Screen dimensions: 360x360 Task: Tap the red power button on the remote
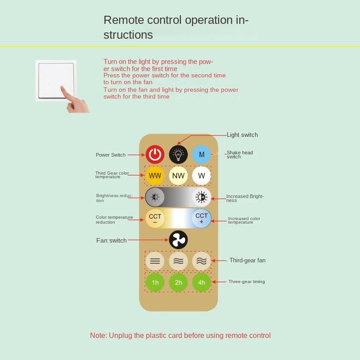(x=155, y=155)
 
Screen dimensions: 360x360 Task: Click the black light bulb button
(x=178, y=155)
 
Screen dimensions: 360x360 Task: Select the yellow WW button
(x=155, y=175)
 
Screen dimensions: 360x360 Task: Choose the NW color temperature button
(x=178, y=175)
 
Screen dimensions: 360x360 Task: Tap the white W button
(x=202, y=175)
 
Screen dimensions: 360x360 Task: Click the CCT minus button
(x=155, y=219)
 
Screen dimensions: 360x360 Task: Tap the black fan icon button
(x=178, y=240)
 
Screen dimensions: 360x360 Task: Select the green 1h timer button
(x=155, y=283)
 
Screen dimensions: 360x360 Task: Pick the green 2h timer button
(x=178, y=283)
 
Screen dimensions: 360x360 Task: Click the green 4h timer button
(x=202, y=283)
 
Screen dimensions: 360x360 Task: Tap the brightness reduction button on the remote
(x=155, y=197)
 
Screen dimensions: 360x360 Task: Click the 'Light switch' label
(x=242, y=135)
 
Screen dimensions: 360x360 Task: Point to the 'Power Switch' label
(x=111, y=155)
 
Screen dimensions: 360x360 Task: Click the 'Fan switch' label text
(x=111, y=240)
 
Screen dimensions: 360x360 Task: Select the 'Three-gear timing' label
(x=247, y=282)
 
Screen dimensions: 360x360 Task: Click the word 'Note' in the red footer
(x=98, y=335)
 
